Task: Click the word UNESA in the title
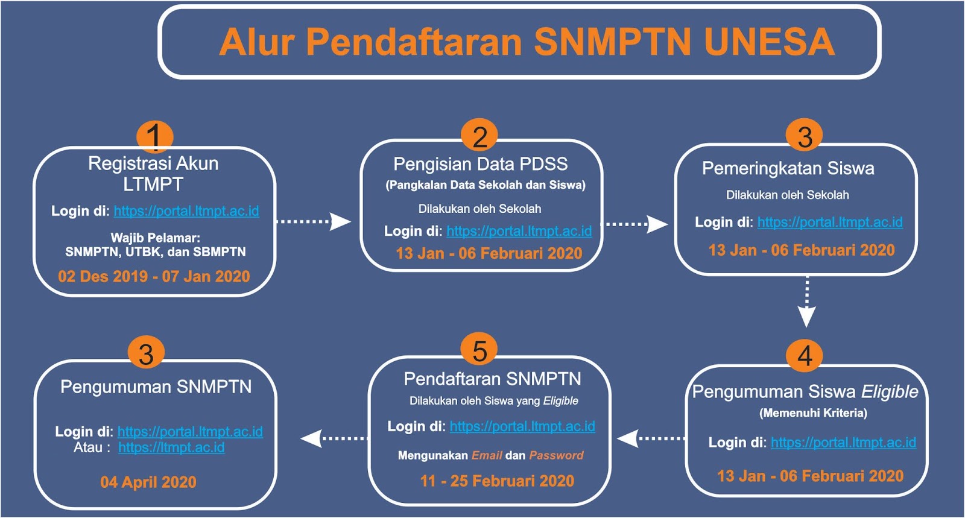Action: pos(770,42)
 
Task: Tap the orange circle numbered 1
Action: pos(154,136)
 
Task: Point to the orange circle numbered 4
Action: pos(805,355)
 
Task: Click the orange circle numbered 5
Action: pos(479,349)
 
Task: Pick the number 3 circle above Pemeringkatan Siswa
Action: pos(805,134)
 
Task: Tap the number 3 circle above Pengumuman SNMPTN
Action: pos(147,353)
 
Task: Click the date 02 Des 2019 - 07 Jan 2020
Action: pos(154,276)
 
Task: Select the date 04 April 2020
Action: pos(148,482)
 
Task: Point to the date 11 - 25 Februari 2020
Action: pos(497,481)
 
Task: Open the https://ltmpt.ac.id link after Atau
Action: pos(171,448)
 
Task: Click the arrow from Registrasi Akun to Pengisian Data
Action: pos(314,222)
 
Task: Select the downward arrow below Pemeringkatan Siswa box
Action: pos(807,302)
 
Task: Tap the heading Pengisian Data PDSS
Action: pos(480,164)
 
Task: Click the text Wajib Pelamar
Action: pos(156,238)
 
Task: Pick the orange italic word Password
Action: pos(556,455)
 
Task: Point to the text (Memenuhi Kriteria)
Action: pos(813,413)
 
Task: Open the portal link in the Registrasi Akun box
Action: pos(186,212)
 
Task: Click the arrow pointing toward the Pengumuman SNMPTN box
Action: pos(334,439)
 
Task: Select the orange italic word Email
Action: pos(487,455)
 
